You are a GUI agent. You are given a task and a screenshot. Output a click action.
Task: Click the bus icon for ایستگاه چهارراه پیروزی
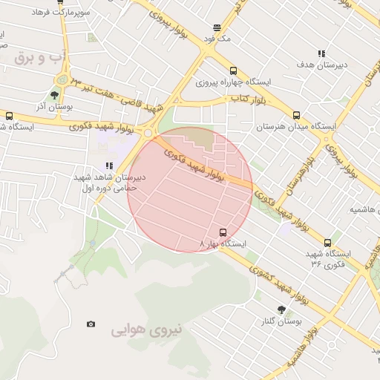(x=234, y=71)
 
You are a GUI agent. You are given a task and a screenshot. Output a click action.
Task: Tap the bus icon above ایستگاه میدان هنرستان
(x=296, y=115)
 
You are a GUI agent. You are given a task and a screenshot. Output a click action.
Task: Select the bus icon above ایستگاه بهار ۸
(x=223, y=232)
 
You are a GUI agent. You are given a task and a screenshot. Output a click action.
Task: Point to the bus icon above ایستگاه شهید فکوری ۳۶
(x=327, y=242)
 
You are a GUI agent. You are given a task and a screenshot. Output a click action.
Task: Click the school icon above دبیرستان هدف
(x=321, y=53)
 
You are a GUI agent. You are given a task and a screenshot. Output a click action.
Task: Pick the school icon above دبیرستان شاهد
(x=109, y=166)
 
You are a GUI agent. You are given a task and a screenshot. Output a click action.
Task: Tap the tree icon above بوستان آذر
(x=54, y=94)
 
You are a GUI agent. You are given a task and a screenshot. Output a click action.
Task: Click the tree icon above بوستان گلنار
(x=281, y=309)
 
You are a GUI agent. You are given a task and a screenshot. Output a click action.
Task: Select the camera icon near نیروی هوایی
(x=91, y=324)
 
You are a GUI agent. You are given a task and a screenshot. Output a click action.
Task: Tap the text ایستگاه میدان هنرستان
(x=296, y=127)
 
